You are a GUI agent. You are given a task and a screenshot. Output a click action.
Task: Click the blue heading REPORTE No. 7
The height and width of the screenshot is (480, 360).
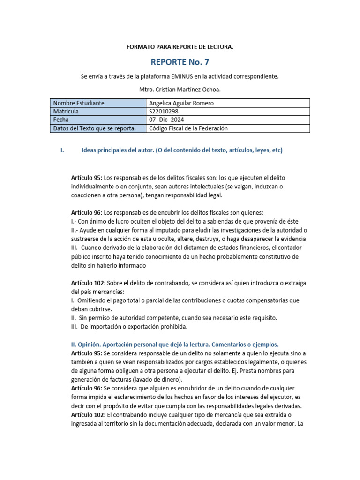180,62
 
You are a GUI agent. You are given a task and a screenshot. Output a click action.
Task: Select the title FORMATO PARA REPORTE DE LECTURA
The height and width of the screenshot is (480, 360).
180,47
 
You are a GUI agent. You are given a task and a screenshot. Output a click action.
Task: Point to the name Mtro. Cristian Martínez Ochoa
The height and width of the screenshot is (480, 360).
180,89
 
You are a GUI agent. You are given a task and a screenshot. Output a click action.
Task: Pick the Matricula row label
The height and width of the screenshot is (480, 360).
66,112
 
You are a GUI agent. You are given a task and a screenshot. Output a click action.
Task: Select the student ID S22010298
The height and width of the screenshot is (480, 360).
164,112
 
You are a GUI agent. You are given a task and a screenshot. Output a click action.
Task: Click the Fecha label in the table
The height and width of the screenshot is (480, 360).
61,120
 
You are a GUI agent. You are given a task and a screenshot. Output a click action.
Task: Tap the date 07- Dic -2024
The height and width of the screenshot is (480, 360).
168,120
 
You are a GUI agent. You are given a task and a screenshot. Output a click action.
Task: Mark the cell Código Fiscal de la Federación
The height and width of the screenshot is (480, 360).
188,128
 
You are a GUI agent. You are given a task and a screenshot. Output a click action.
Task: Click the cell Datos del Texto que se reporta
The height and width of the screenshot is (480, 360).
94,128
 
